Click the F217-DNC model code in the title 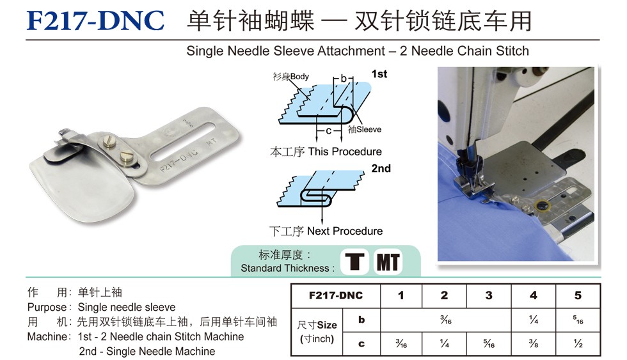[95, 20]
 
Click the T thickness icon [354, 262]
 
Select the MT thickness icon [388, 262]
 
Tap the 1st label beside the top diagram [379, 74]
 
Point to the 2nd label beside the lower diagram [381, 168]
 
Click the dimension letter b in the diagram [343, 79]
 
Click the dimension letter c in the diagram [328, 130]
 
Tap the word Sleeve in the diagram [369, 129]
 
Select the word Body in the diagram [299, 76]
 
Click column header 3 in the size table [489, 295]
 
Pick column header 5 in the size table [578, 295]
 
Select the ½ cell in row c [578, 343]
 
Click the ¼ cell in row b [534, 320]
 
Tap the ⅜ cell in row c [534, 343]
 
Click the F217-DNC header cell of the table [335, 295]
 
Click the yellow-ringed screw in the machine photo [543, 207]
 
